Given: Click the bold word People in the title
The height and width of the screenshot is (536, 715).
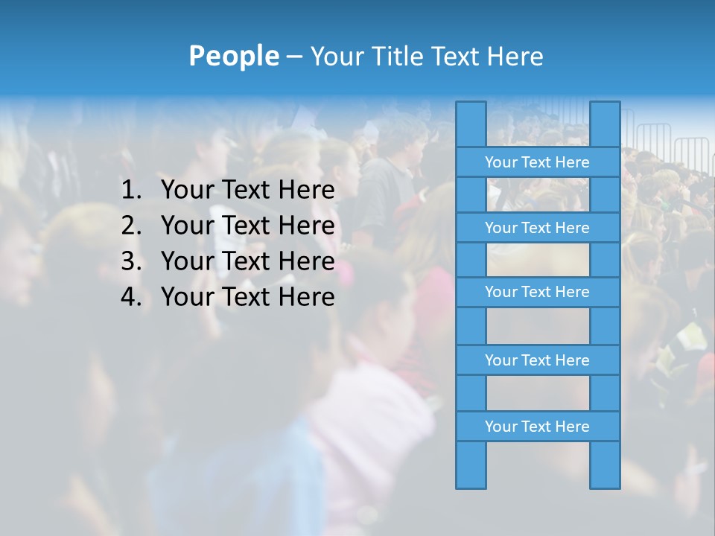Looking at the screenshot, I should (233, 56).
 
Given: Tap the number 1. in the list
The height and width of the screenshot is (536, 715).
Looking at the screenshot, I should (130, 191).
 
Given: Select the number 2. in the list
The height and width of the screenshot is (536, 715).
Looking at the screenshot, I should (130, 226).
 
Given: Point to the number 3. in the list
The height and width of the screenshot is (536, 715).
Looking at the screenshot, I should (130, 261).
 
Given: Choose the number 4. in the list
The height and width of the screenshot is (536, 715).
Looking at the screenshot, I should (130, 297).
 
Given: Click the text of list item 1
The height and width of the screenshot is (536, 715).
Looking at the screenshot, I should (247, 191).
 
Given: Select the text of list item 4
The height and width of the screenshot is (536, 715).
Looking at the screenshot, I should (247, 297).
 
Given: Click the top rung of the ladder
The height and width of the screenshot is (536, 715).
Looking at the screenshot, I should (537, 162).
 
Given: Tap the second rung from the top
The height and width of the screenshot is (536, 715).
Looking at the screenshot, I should (537, 227).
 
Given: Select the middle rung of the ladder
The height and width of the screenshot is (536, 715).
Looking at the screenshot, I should (537, 292).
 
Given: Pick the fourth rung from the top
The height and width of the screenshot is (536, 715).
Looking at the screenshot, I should (537, 360).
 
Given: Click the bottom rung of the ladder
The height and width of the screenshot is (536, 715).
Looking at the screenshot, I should (537, 427).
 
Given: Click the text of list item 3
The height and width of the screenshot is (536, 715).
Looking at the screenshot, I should (247, 261).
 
